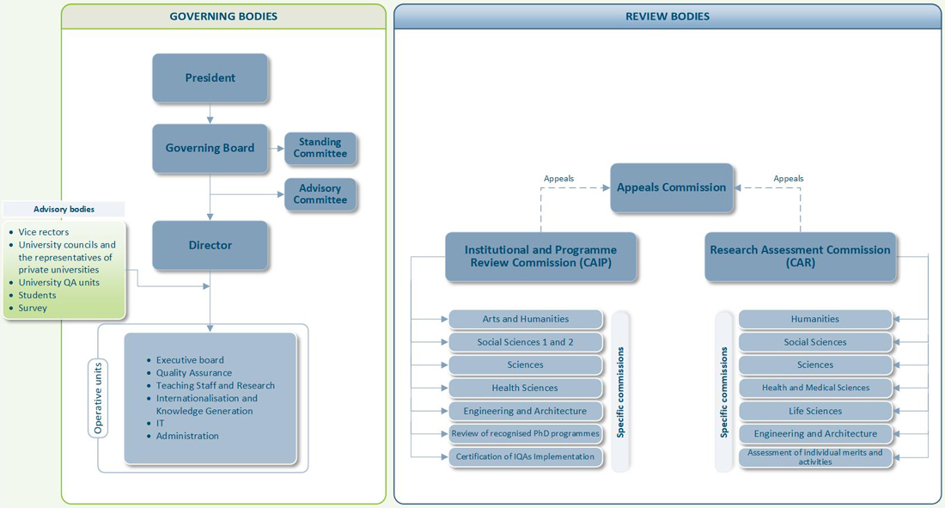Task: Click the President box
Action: pos(210,78)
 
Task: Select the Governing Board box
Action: pos(210,149)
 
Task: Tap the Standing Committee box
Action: pos(320,148)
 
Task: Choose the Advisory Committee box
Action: pos(320,194)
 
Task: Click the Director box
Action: pos(210,245)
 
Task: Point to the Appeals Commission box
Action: pos(672,187)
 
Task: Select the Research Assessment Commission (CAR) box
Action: pos(801,256)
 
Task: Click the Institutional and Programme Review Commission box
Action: pos(540,256)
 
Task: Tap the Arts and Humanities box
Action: pos(526,319)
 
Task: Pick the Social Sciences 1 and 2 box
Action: pos(526,342)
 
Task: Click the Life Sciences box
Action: pos(815,411)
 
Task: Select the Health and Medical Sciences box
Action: pos(815,388)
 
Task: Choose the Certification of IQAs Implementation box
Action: pos(526,456)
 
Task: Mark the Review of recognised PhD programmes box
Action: pos(526,434)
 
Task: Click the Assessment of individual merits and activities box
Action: pos(815,457)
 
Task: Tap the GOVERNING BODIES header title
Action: pos(223,17)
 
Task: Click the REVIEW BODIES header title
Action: pos(668,17)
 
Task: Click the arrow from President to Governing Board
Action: pos(210,113)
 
